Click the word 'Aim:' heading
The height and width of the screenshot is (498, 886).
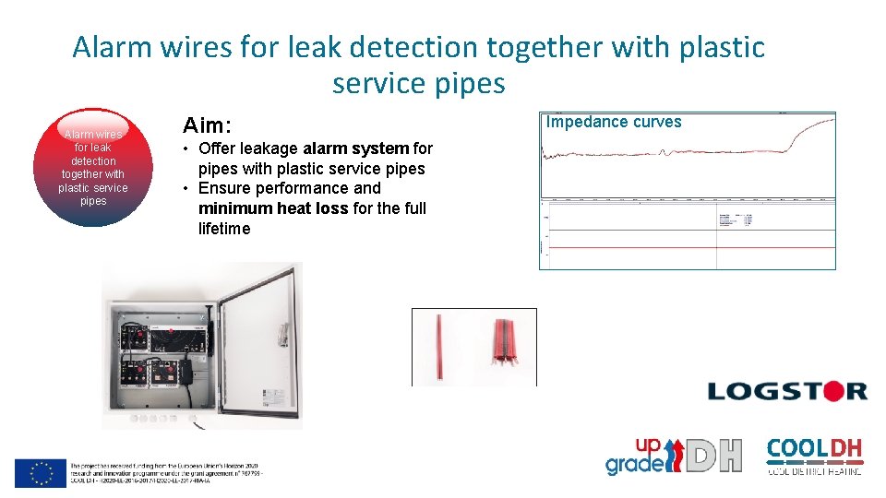coord(208,125)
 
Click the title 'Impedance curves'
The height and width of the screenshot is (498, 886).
coord(614,122)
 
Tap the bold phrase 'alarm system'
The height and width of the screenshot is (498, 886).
coord(356,148)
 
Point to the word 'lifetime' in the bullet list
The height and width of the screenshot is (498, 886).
coord(224,229)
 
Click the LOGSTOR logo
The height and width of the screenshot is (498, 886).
coord(787,391)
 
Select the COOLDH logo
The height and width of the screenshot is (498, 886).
coord(815,456)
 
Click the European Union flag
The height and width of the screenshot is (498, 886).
coord(40,472)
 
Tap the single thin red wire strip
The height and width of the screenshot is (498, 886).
coord(439,345)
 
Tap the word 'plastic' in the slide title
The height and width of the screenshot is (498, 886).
coord(711,46)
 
